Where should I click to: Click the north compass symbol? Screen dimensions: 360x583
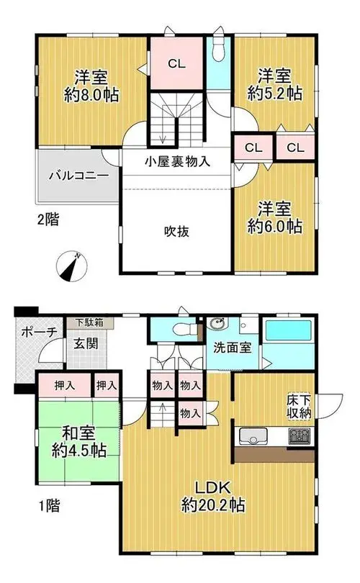71,267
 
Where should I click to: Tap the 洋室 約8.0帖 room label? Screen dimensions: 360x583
91,86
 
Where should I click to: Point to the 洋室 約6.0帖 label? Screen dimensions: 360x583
275,218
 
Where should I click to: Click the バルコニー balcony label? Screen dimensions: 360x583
79,175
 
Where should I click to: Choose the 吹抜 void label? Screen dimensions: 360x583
177,232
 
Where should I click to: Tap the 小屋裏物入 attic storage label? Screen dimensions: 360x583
177,161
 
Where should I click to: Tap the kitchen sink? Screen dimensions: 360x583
253,436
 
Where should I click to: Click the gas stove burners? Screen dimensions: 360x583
300,436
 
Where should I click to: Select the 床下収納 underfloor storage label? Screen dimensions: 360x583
299,407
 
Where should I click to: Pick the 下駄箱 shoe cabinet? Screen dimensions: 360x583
89,322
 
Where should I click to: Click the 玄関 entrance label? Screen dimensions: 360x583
86,343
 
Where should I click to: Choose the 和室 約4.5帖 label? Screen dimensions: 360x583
79,442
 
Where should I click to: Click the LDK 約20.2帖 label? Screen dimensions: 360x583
213,497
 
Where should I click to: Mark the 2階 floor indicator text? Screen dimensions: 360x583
48,220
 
